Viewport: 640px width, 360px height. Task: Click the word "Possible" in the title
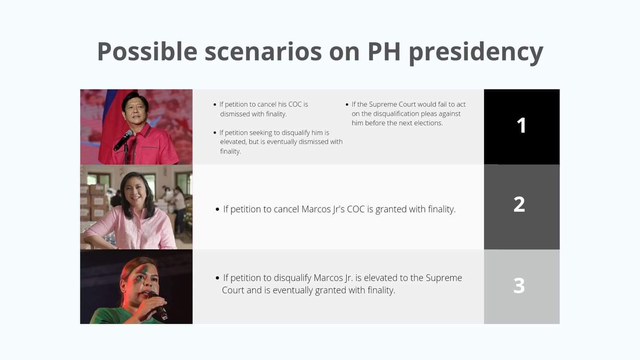(148, 52)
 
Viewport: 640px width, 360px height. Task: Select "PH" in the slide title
(384, 52)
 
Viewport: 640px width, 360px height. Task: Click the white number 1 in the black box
(522, 125)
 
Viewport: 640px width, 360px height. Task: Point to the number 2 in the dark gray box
(519, 204)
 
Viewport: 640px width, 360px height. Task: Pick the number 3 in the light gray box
(519, 285)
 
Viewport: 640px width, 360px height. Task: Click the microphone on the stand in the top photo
(123, 140)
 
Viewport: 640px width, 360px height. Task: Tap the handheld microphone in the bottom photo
(158, 306)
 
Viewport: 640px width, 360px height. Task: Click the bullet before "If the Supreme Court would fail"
(347, 104)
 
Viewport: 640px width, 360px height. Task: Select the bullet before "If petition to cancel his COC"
(215, 104)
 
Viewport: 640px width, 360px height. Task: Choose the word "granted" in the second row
(391, 210)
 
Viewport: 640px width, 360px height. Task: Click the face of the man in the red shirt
(134, 111)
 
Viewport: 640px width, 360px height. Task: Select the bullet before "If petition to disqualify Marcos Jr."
(217, 278)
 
